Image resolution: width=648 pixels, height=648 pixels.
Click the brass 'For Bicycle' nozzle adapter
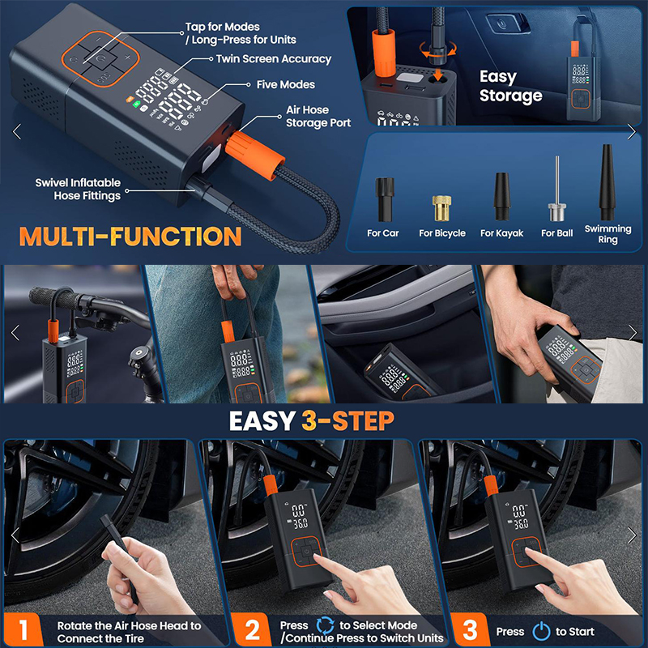pyautogui.click(x=441, y=208)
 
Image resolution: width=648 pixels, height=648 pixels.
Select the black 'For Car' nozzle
pyautogui.click(x=384, y=199)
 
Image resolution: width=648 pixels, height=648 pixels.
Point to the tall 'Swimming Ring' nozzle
pyautogui.click(x=607, y=182)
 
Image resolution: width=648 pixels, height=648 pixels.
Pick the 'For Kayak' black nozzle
pyautogui.click(x=501, y=196)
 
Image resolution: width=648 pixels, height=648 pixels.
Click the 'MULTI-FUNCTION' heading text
pyautogui.click(x=130, y=236)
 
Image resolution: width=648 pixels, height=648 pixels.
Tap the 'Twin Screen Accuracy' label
pyautogui.click(x=274, y=59)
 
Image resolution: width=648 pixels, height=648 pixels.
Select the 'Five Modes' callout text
pyautogui.click(x=286, y=85)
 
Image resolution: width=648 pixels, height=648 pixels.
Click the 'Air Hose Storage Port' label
pyautogui.click(x=318, y=117)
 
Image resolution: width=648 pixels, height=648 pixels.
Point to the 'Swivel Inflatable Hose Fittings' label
pyautogui.click(x=78, y=189)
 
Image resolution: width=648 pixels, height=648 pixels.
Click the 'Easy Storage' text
pyautogui.click(x=510, y=86)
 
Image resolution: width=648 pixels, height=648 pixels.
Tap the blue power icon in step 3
pyautogui.click(x=541, y=631)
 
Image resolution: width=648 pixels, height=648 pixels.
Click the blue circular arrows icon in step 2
pyautogui.click(x=326, y=625)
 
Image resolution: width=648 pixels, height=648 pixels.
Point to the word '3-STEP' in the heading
pyautogui.click(x=347, y=421)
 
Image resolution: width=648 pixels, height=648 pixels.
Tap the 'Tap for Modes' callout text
pyautogui.click(x=222, y=27)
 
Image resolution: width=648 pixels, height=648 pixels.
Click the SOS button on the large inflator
pyautogui.click(x=104, y=77)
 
